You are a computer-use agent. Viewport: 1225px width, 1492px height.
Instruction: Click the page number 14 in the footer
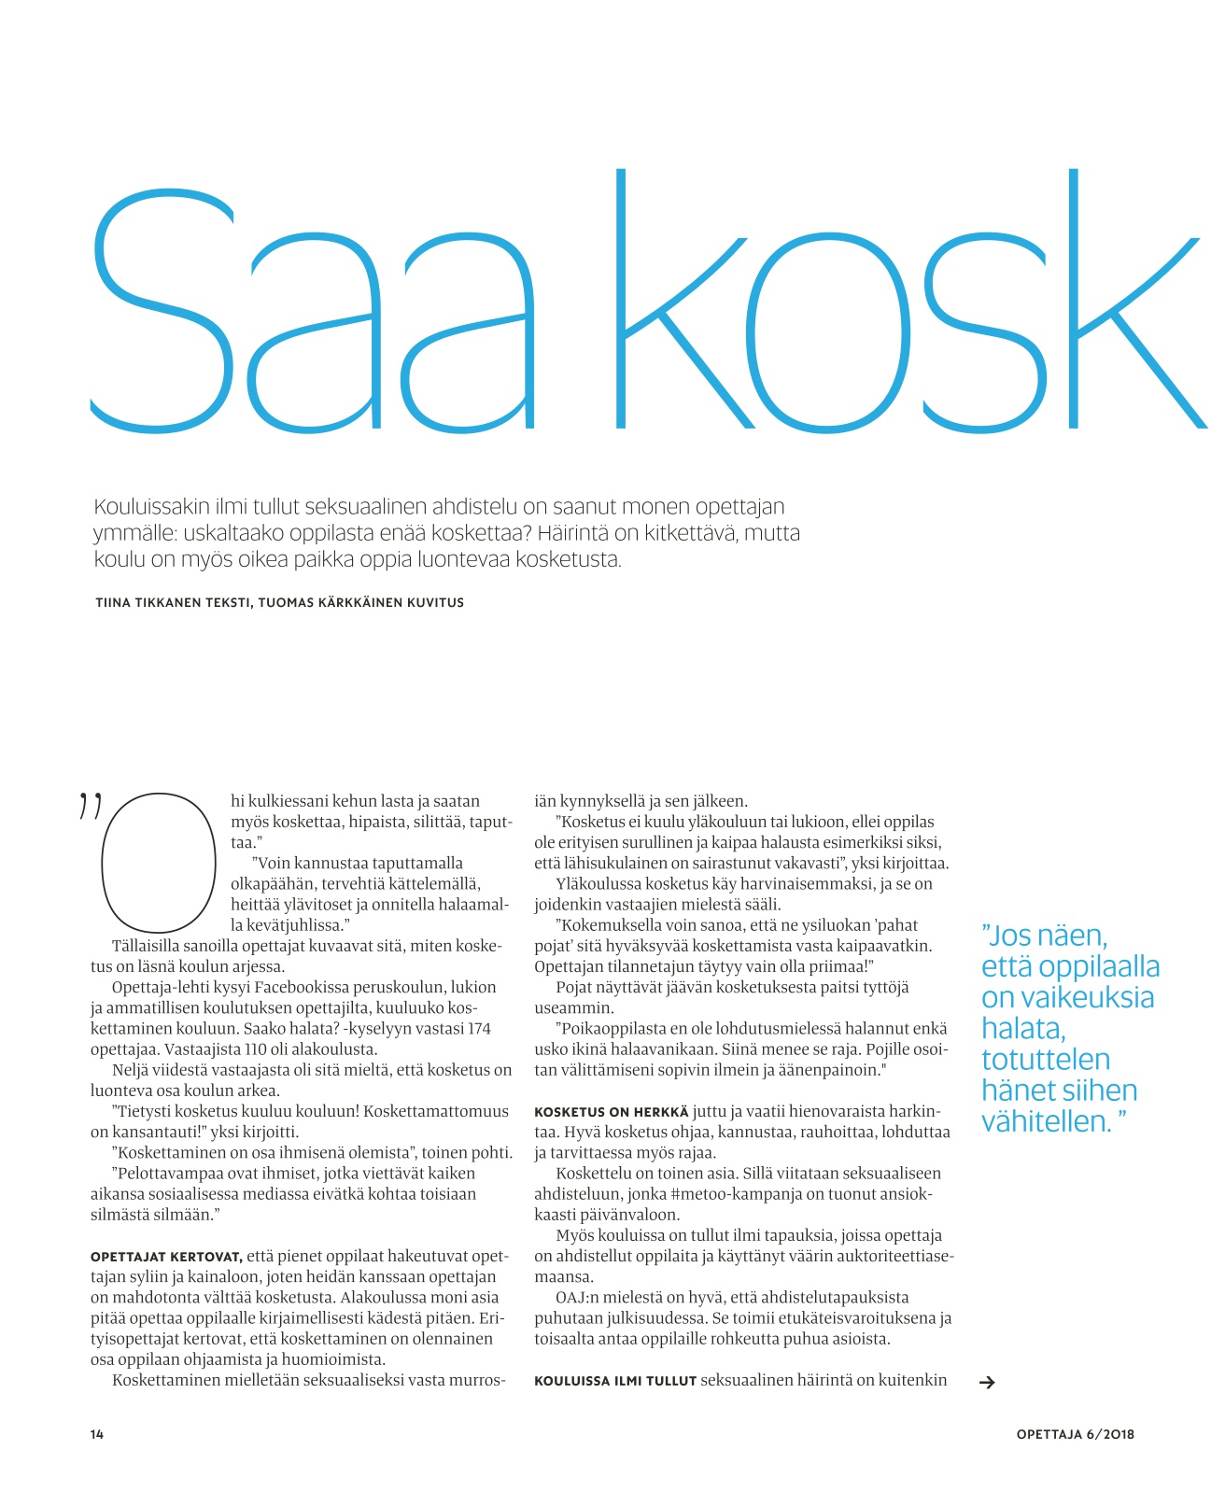point(97,1434)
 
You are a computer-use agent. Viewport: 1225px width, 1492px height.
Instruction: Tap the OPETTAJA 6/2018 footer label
point(1075,1434)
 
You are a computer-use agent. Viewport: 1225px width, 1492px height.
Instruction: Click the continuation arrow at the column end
point(986,1383)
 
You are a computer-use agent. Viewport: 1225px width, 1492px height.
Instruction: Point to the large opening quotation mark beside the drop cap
point(90,805)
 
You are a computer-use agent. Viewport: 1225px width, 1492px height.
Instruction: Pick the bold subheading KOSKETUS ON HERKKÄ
point(611,1112)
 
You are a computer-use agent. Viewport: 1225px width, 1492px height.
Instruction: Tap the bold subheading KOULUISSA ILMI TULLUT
point(615,1381)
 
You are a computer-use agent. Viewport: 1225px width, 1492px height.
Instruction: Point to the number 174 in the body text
point(477,1028)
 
